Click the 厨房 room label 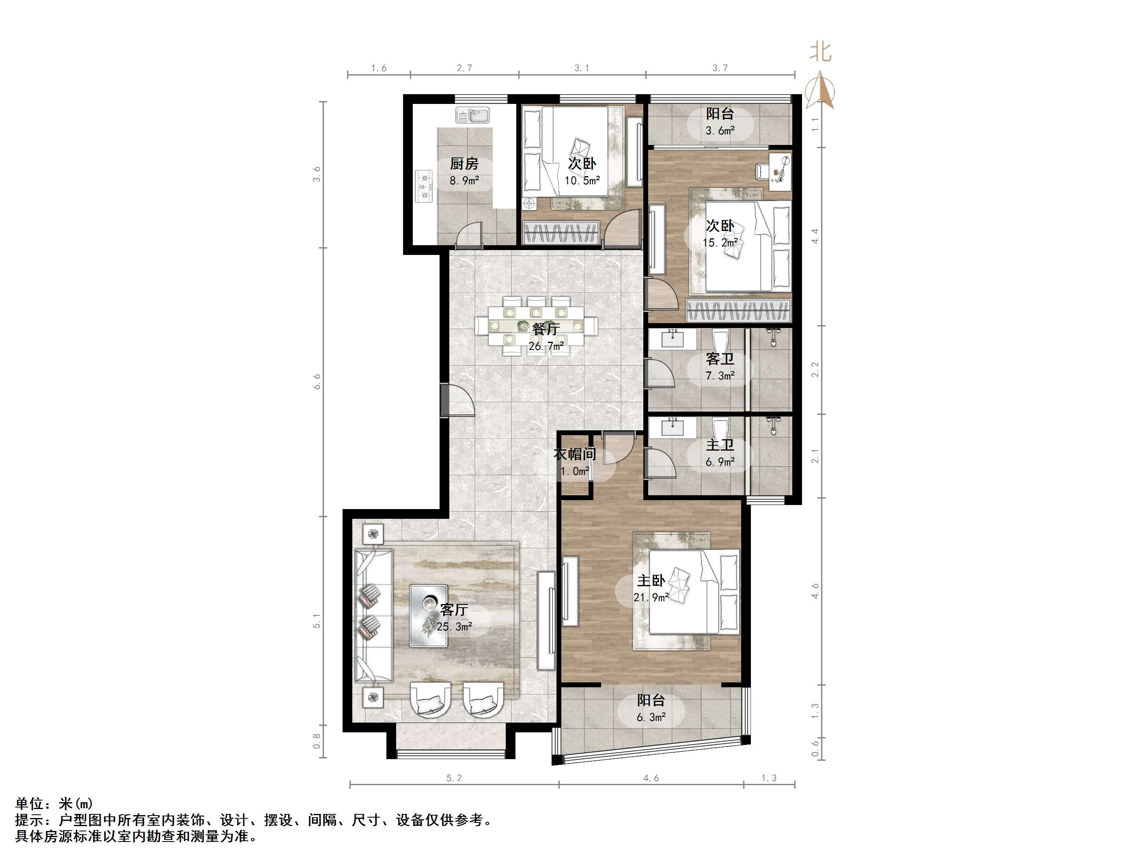(x=464, y=164)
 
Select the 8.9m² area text (x=464, y=181)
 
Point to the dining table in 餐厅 (x=536, y=326)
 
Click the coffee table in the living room (x=429, y=616)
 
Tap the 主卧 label (x=651, y=581)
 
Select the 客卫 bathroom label (x=720, y=359)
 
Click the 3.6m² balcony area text (x=720, y=130)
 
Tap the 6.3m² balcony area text (x=651, y=717)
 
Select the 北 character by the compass (x=821, y=52)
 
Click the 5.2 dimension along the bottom (x=454, y=778)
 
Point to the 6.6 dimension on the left (x=317, y=382)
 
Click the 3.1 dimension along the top (x=582, y=68)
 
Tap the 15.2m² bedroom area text (x=720, y=242)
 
